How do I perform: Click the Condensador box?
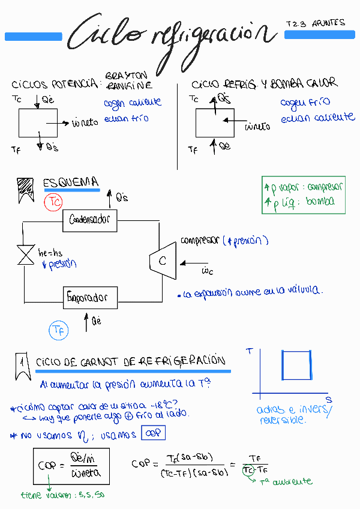(90, 220)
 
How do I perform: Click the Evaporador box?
(90, 297)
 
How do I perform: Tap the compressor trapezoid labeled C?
(163, 261)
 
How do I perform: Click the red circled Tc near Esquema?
(53, 202)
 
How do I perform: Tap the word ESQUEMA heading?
(71, 182)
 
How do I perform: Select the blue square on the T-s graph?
(296, 365)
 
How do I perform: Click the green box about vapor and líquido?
(304, 194)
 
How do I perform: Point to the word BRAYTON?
(125, 76)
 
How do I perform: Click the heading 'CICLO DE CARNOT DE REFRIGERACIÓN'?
(131, 361)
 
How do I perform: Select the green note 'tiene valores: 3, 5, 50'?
(62, 496)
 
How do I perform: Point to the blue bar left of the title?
(34, 37)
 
